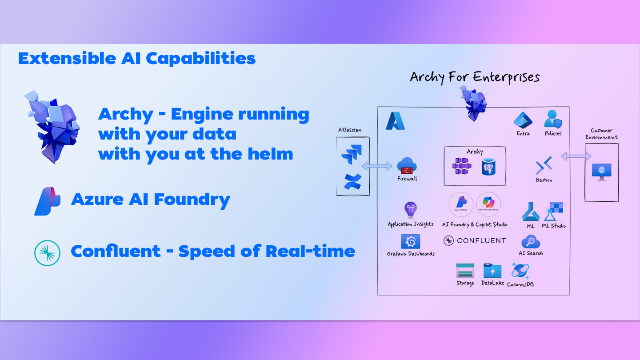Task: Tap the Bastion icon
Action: tap(544, 166)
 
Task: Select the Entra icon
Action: tap(523, 120)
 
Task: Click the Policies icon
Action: tap(553, 120)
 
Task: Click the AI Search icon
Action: tap(531, 242)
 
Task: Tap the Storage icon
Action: tap(465, 271)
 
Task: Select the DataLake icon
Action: tap(492, 271)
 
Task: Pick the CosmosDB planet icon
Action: tap(520, 270)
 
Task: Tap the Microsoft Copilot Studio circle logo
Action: tap(489, 204)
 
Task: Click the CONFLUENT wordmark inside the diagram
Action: tap(475, 241)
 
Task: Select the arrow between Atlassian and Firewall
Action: tap(377, 166)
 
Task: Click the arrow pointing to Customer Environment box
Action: tap(576, 156)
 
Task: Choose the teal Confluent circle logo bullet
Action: tap(47, 252)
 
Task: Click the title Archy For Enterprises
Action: tap(475, 77)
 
